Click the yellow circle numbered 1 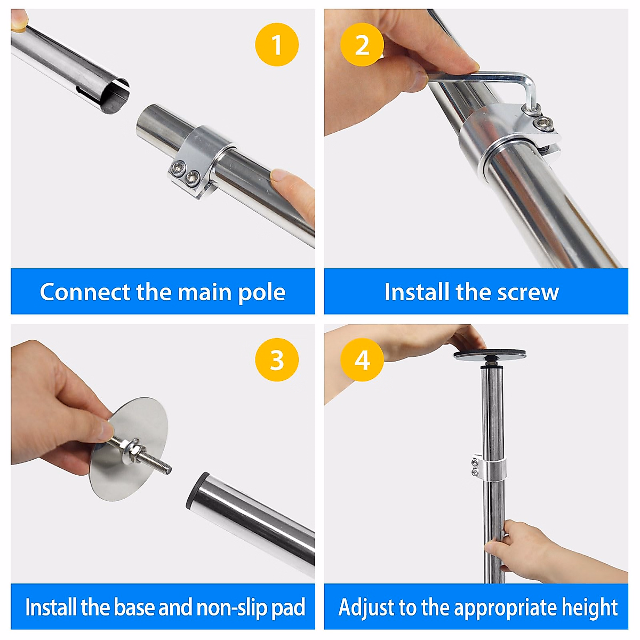pos(277,44)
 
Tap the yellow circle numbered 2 pos(362,44)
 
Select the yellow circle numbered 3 pos(277,359)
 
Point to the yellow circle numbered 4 pos(362,359)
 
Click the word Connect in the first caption pos(85,292)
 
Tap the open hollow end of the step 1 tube pos(114,97)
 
